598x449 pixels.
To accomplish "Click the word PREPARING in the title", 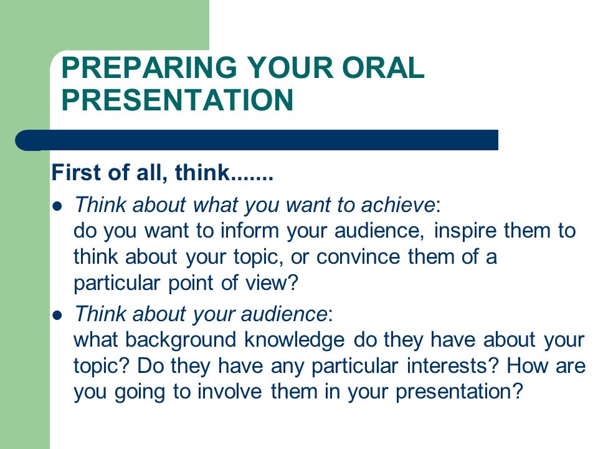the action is coord(149,67).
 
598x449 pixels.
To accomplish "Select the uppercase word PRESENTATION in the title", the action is coord(178,100).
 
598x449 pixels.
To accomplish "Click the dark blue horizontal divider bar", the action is coord(257,140).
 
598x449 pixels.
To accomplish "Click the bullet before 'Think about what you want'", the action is coord(57,206).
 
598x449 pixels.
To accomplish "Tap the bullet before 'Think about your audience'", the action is coord(57,316).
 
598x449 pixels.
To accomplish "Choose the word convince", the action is coord(358,256).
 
